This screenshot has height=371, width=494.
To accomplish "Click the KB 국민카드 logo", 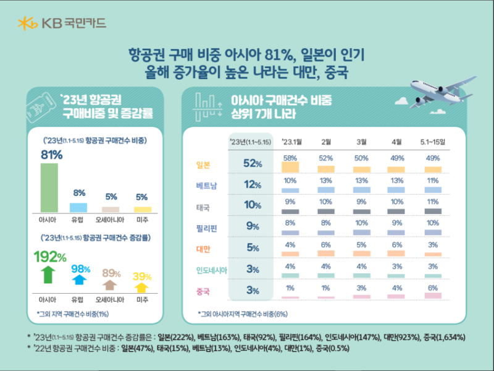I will tap(62, 23).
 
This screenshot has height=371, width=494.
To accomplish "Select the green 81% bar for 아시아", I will tap(49, 187).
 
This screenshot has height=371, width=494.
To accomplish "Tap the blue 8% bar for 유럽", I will tap(78, 207).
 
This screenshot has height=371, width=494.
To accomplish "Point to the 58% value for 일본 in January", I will tap(290, 158).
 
